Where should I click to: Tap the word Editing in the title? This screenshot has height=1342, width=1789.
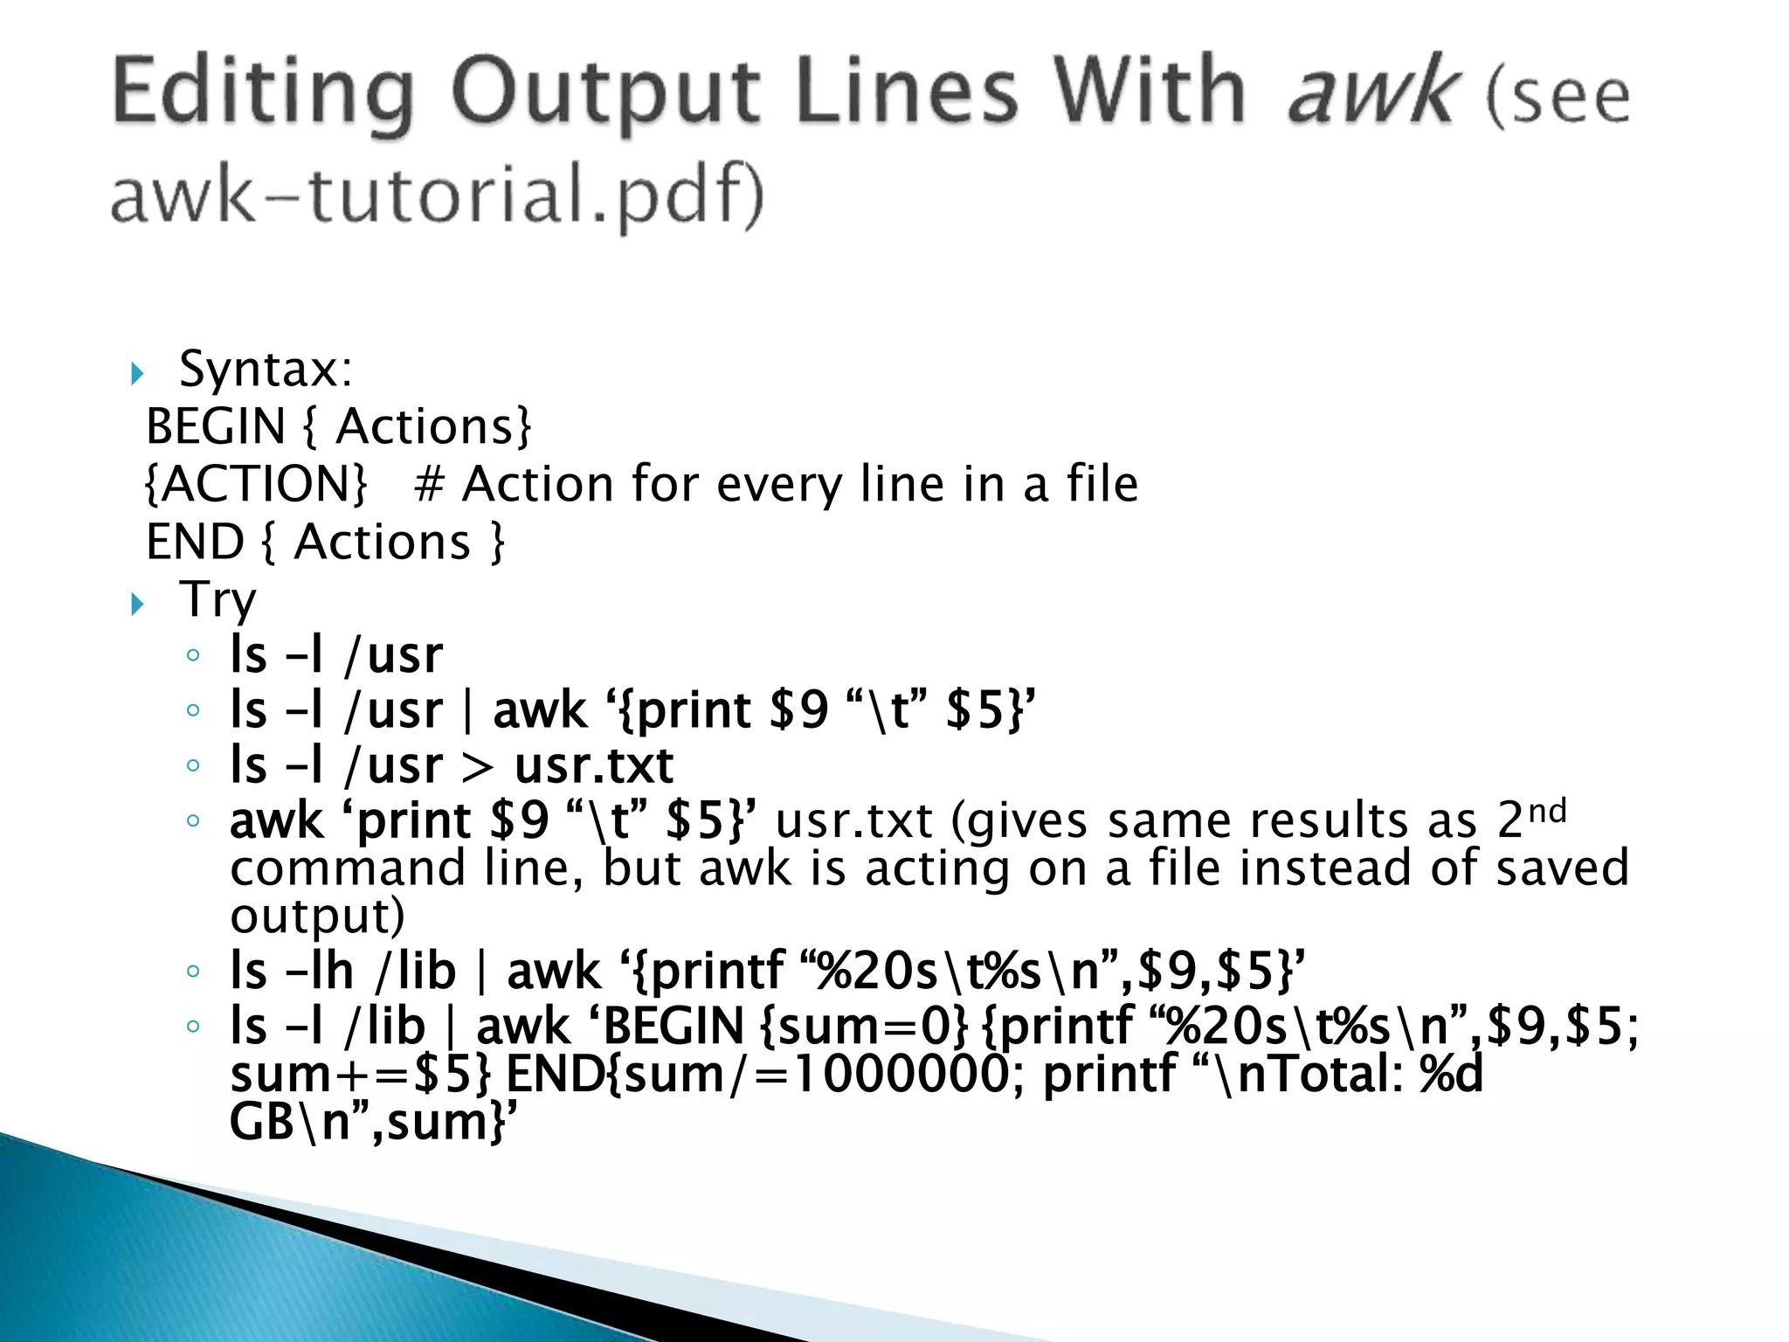[262, 92]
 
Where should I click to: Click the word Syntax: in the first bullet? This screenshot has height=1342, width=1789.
[266, 369]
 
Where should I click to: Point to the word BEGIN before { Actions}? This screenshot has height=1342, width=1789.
[216, 426]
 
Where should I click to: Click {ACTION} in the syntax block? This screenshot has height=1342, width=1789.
[256, 484]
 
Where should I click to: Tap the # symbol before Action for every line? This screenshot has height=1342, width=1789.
[429, 484]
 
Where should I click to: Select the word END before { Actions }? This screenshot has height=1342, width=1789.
[195, 542]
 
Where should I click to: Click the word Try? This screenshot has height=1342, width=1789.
[218, 600]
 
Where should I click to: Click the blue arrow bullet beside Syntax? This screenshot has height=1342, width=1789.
[137, 374]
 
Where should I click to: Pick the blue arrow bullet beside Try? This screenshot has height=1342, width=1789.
[137, 604]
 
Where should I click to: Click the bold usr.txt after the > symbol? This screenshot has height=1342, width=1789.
[594, 765]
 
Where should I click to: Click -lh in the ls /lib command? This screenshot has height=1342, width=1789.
[319, 971]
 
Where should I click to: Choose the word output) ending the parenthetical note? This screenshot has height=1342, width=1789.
[317, 916]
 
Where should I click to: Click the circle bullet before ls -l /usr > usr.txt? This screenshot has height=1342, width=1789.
[194, 766]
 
